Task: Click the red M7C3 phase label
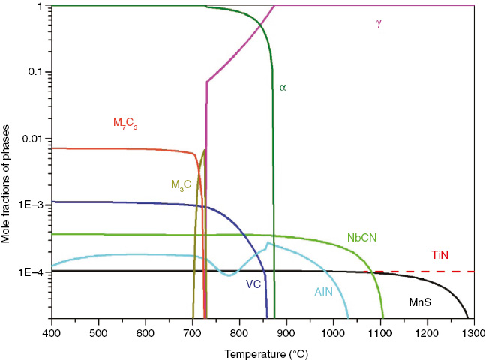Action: click(126, 122)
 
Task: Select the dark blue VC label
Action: click(253, 283)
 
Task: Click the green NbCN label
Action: click(362, 237)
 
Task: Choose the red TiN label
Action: click(439, 256)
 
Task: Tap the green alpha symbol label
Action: click(283, 88)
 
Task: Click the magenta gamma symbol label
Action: click(379, 23)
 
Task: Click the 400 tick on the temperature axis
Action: click(51, 331)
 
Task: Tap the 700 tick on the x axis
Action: click(192, 331)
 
